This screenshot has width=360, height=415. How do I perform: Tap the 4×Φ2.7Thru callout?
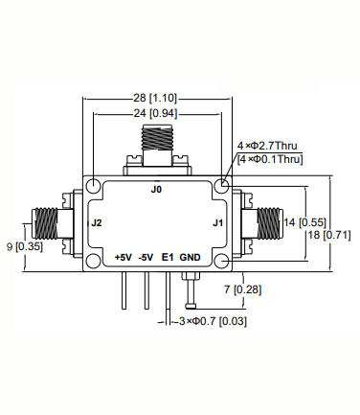(271, 147)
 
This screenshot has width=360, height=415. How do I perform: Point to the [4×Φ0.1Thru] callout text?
(270, 159)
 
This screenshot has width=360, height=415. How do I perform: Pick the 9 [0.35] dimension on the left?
(26, 246)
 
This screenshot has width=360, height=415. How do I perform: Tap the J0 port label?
(157, 190)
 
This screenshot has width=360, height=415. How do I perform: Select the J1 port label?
(218, 223)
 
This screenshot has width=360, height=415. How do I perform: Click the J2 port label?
(96, 223)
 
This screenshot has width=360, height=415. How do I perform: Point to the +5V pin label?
(123, 257)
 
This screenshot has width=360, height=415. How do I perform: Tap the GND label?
(191, 257)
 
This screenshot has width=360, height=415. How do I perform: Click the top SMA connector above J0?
(157, 144)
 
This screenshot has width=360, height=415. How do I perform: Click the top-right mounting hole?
(222, 185)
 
